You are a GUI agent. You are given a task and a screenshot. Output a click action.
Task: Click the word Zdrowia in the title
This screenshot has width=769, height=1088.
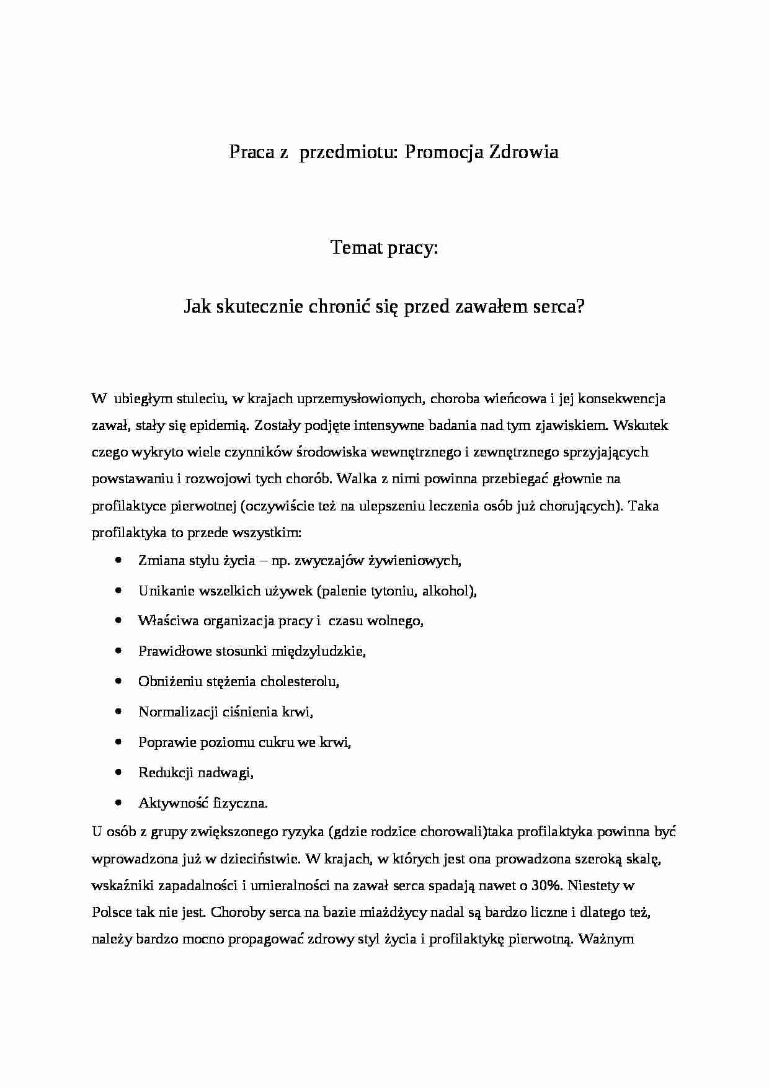pos(524,152)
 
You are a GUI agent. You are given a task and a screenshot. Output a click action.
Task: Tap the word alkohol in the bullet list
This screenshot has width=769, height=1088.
pos(448,591)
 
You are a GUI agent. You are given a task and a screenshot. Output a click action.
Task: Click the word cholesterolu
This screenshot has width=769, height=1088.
pos(300,682)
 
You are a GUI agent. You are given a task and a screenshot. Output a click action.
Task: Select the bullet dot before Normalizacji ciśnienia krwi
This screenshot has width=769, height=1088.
pos(118,711)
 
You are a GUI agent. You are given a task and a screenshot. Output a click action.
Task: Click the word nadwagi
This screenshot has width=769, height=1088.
pos(231,773)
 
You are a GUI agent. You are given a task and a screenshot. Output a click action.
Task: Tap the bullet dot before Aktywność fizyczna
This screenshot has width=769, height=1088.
pos(118,803)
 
